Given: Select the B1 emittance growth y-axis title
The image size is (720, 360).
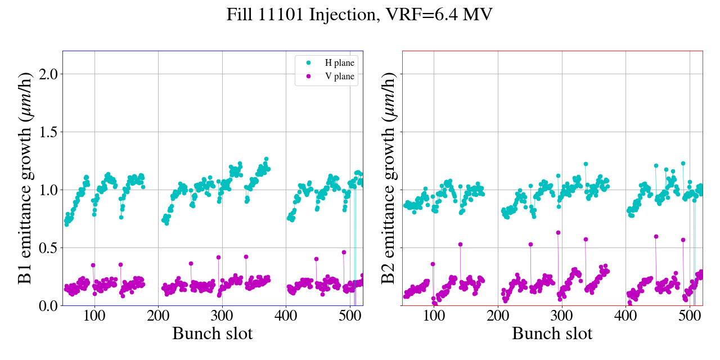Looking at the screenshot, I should click(25, 178).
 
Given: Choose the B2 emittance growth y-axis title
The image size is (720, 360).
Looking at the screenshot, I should click(388, 178).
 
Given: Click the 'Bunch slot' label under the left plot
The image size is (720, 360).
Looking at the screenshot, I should click(212, 334).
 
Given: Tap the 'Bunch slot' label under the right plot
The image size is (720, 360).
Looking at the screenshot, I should click(552, 334).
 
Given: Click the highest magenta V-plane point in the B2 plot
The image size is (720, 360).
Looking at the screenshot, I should click(558, 232).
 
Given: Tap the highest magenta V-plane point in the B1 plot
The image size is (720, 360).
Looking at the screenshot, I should click(344, 252).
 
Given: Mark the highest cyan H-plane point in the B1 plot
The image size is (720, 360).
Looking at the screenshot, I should click(266, 159).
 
